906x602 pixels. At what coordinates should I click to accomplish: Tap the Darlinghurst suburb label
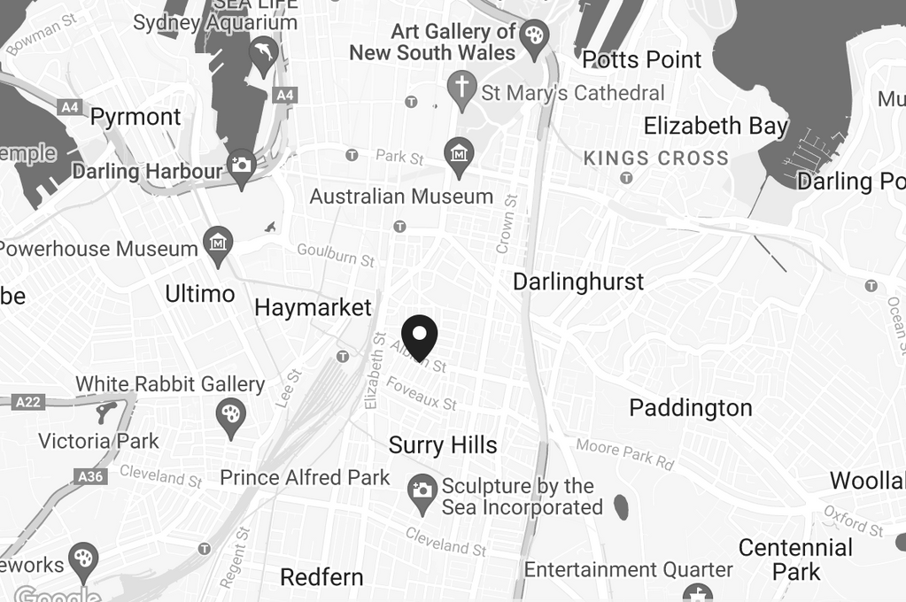coord(578,282)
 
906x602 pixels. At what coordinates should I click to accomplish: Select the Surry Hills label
coord(443,444)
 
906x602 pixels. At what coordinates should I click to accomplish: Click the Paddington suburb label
coord(690,408)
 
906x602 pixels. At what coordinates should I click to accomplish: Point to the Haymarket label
coord(313,308)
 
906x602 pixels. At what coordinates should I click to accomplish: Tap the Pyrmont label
coord(136,117)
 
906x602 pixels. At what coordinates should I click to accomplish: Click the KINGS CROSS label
coord(656,158)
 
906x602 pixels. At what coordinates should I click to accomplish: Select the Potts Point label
coord(641,60)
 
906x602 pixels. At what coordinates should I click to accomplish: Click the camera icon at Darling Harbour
coord(241,166)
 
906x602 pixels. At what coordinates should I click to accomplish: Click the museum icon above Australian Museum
coord(459,154)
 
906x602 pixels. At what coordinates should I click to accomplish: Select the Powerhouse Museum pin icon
coord(217,242)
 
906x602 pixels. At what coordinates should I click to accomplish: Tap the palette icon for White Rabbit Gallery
coord(231,413)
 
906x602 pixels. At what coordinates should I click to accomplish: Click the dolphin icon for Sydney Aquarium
coord(263,51)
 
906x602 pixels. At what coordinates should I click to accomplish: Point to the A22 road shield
coord(28,402)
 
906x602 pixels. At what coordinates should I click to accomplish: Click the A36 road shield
coord(91,476)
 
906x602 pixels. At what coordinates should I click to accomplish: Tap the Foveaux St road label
coord(422,394)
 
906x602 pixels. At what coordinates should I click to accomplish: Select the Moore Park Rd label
coord(624,454)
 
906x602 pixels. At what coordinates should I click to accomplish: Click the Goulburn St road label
coord(336,255)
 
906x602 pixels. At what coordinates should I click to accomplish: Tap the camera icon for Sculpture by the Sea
coord(422,491)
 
